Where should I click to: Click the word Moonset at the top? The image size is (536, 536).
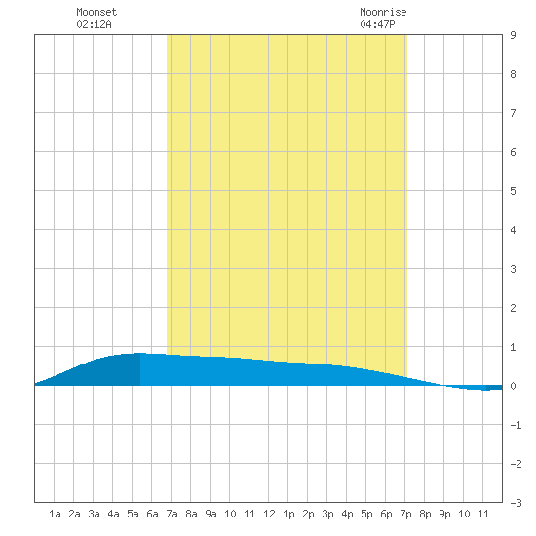(96, 12)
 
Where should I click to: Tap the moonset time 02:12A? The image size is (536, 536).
(94, 24)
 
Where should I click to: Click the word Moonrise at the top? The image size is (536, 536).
(383, 12)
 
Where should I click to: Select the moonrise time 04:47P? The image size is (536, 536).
(377, 24)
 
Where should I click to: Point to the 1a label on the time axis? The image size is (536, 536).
(55, 514)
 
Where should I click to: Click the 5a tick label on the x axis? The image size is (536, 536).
(133, 514)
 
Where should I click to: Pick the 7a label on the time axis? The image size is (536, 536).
(172, 514)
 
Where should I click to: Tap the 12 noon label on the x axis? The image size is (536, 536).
(269, 514)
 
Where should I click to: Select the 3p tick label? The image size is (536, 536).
(327, 514)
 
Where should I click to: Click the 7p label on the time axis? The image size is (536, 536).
(405, 514)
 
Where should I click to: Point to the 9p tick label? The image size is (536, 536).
(444, 514)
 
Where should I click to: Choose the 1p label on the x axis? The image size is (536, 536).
(288, 514)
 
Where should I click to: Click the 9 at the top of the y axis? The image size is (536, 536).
(513, 35)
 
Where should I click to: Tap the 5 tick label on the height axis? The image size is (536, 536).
(513, 191)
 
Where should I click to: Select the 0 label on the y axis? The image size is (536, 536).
(513, 386)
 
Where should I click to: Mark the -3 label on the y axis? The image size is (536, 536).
(516, 503)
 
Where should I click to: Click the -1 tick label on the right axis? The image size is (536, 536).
(516, 425)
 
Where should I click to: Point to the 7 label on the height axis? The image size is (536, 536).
(513, 113)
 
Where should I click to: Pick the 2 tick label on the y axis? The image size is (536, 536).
(513, 308)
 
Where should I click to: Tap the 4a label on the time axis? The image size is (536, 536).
(113, 514)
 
